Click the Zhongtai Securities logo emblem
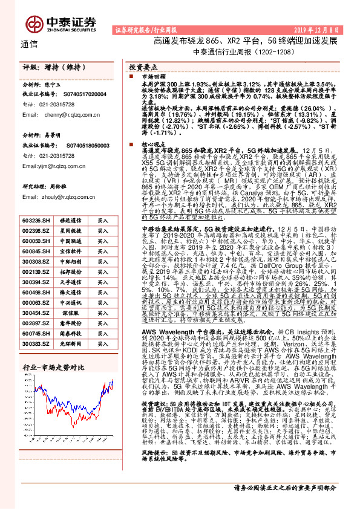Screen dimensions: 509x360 coord(34,22)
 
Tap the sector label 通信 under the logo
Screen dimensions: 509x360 coord(29,44)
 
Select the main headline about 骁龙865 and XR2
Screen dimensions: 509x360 coord(245,41)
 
